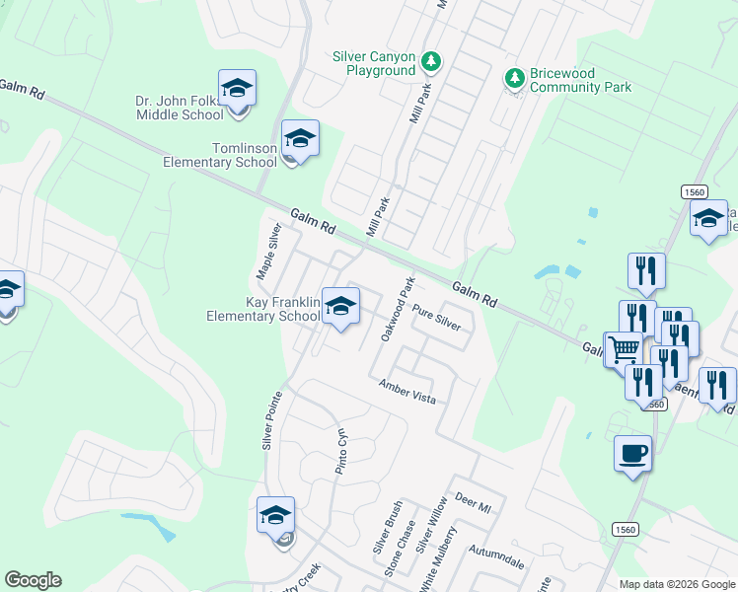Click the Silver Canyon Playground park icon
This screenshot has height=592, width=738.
click(x=430, y=62)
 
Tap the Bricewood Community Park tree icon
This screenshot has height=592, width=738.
click(x=513, y=77)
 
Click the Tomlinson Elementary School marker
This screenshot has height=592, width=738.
click(x=300, y=141)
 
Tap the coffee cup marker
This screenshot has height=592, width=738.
click(x=632, y=455)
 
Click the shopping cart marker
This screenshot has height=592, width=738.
click(x=623, y=349)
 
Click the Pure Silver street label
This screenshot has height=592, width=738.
click(x=437, y=316)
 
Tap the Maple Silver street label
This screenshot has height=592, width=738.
click(x=268, y=251)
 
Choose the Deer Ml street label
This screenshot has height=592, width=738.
click(x=473, y=501)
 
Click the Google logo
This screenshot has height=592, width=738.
click(x=34, y=579)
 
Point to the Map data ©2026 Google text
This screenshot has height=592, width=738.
click(x=678, y=584)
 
